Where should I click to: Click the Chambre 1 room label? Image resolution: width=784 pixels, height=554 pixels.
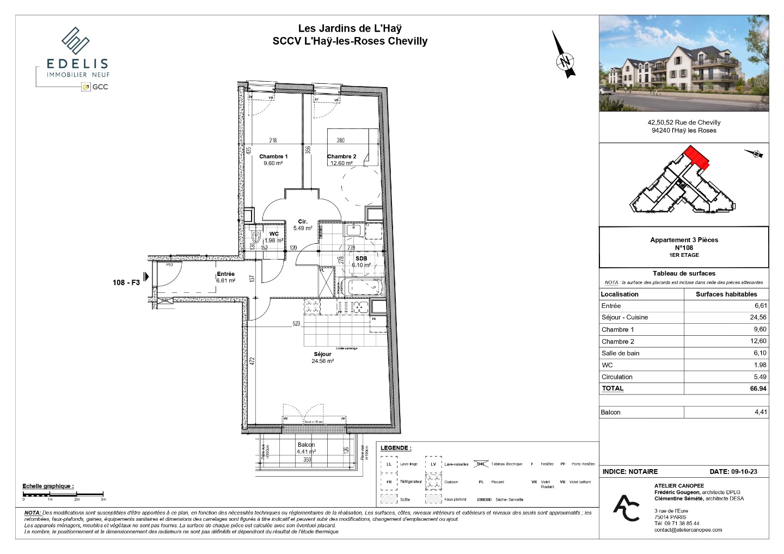click(273, 156)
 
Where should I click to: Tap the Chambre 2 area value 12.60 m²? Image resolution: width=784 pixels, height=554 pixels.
click(341, 163)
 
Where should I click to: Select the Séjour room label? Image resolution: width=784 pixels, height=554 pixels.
click(322, 354)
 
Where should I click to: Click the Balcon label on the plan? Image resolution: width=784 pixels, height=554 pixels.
click(306, 445)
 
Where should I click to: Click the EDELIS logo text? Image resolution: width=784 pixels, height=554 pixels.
click(77, 64)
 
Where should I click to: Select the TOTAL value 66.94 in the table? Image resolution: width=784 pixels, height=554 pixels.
click(758, 389)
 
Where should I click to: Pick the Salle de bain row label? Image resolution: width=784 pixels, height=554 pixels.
click(620, 353)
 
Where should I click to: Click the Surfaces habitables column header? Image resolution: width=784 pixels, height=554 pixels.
click(726, 294)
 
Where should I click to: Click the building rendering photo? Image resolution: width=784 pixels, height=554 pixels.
click(684, 64)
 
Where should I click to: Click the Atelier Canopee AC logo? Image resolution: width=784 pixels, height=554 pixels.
click(627, 507)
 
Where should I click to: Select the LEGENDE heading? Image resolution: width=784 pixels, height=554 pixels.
click(396, 448)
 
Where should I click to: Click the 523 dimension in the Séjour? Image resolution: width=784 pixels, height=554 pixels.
click(296, 324)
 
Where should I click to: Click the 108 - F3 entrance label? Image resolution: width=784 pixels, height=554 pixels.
click(126, 282)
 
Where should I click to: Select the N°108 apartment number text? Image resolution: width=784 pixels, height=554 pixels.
click(684, 248)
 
